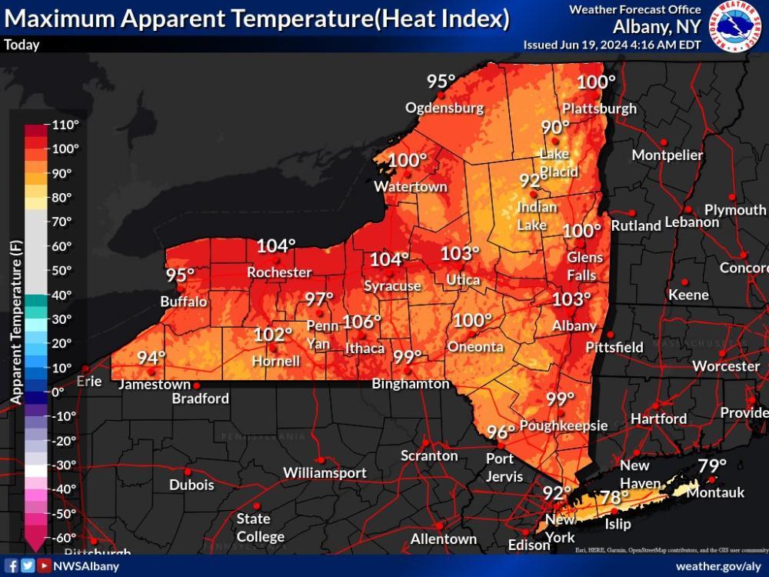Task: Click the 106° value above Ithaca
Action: point(361,322)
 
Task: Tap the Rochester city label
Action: point(279,272)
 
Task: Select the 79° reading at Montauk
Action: point(712,465)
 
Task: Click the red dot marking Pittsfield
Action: point(610,335)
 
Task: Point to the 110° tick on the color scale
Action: point(65,125)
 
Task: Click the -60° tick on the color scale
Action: point(65,538)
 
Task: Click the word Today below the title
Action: point(22,45)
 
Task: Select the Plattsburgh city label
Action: point(599,108)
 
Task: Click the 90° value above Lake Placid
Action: point(555,128)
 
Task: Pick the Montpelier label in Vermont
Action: point(667,155)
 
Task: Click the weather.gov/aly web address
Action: point(718,566)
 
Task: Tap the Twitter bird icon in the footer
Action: point(28,566)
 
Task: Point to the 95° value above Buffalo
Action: point(181,275)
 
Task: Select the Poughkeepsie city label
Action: point(564,425)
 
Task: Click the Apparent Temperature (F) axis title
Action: point(16,322)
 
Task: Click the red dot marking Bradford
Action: point(196,385)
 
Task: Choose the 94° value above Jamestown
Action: point(151,358)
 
